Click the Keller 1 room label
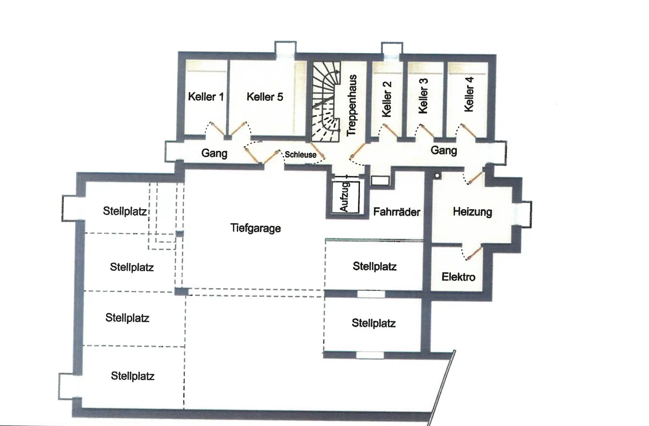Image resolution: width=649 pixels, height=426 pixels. point(206,97)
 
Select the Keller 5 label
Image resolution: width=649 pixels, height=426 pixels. point(265,97)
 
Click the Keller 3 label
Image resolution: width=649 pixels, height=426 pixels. point(423,96)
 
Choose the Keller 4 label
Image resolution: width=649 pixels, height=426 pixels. point(469,94)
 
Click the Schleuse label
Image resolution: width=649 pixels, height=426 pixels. point(300,155)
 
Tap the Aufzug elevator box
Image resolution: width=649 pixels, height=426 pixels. point(346,197)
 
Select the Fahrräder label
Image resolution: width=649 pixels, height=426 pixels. point(396,212)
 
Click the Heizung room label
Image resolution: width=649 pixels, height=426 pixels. point(473,212)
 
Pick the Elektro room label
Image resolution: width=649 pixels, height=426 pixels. point(458,277)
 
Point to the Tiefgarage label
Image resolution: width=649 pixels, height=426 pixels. point(256,228)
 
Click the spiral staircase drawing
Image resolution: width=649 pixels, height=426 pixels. point(326,101)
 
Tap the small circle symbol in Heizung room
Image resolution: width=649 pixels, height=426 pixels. point(437,176)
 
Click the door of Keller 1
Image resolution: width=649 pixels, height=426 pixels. point(217,129)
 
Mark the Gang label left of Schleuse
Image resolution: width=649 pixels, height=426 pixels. point(214,153)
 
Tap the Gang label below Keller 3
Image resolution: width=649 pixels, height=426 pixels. point(444,150)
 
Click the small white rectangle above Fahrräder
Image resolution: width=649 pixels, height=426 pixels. point(380,181)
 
